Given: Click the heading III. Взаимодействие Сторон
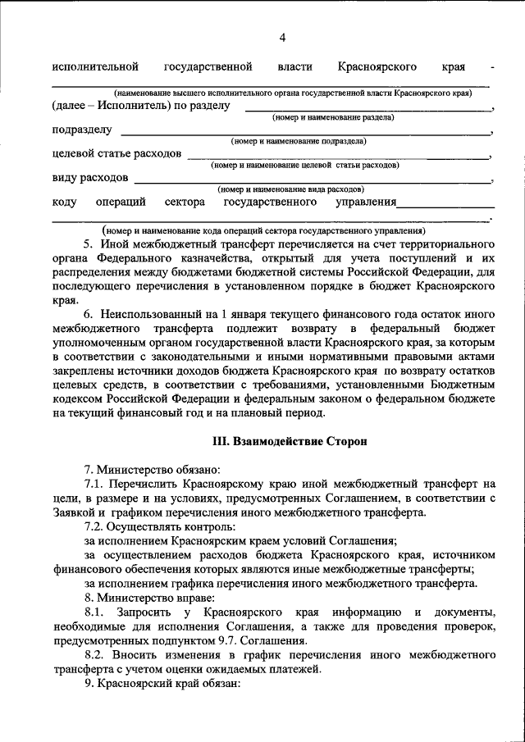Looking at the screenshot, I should coord(289,440).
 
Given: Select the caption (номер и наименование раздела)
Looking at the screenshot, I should coord(333,118).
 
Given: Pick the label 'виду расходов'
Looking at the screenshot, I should coord(89,177).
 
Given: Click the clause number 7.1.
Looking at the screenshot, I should coord(94,484).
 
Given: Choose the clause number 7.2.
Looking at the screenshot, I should coord(94,526).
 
